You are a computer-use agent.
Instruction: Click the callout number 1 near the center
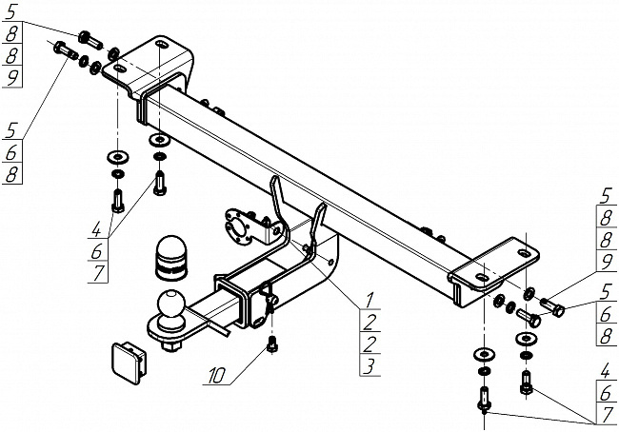[x=369, y=300]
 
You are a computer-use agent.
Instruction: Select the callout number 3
[x=369, y=364]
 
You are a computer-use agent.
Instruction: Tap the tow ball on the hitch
[x=172, y=305]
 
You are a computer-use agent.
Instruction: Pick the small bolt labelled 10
[x=273, y=344]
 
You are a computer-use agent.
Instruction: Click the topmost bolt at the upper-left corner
[x=88, y=38]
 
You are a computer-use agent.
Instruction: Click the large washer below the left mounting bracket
[x=116, y=156]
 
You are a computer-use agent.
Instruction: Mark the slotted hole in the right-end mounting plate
[x=523, y=253]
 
